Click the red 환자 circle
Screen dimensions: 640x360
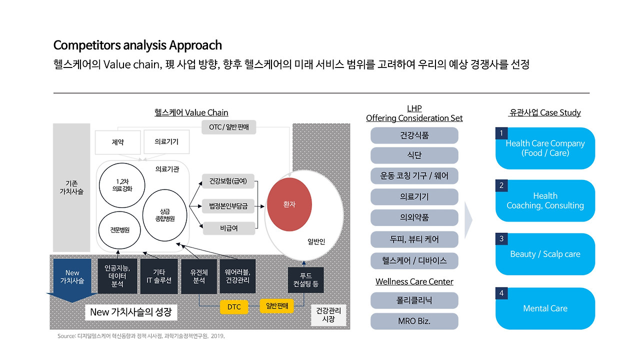tap(289, 204)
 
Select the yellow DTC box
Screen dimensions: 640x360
tap(234, 306)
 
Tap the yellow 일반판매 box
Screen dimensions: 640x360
tap(276, 306)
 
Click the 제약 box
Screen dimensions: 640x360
tap(117, 142)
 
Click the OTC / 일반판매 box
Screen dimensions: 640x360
tap(228, 127)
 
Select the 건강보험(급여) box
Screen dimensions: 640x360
tap(228, 181)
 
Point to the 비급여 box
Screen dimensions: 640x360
tap(228, 228)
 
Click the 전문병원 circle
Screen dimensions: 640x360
tap(120, 230)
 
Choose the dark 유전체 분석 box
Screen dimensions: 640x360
tap(199, 276)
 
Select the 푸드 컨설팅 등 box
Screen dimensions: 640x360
tap(305, 280)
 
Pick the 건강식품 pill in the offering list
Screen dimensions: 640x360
tap(414, 135)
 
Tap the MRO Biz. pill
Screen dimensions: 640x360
tap(414, 321)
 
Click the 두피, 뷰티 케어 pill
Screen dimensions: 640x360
tap(414, 239)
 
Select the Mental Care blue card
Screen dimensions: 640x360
tap(545, 308)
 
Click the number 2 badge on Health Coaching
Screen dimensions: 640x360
tap(501, 185)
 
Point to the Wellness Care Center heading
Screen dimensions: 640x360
tap(414, 282)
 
